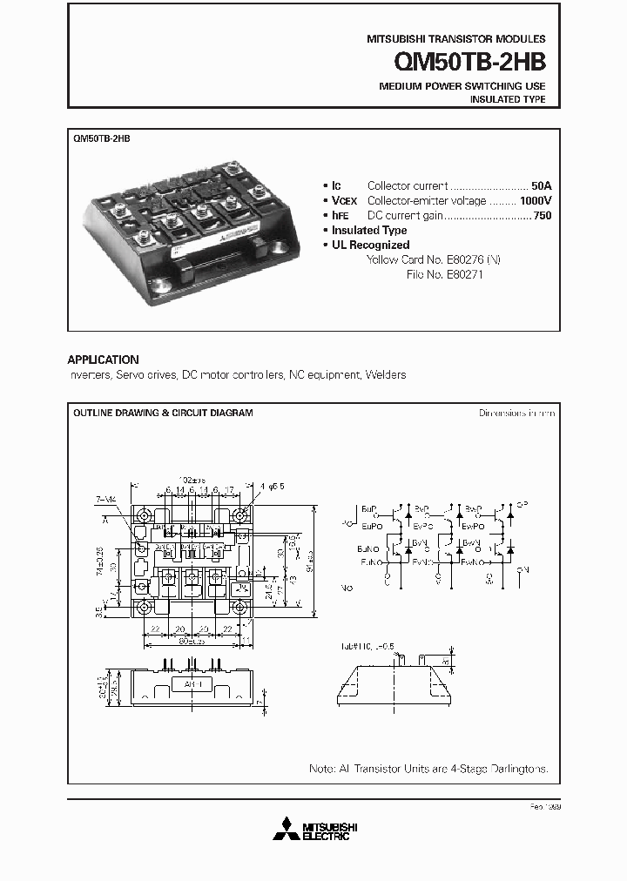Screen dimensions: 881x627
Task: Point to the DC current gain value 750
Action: (542, 215)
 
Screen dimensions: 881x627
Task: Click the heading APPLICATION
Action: (103, 360)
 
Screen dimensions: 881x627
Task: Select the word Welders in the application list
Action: (386, 375)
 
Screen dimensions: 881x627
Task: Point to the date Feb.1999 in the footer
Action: (543, 808)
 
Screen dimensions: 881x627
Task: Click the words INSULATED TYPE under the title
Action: (508, 100)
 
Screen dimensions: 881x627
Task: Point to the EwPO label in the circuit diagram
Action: (474, 526)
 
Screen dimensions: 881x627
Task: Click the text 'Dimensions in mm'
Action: (516, 413)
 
